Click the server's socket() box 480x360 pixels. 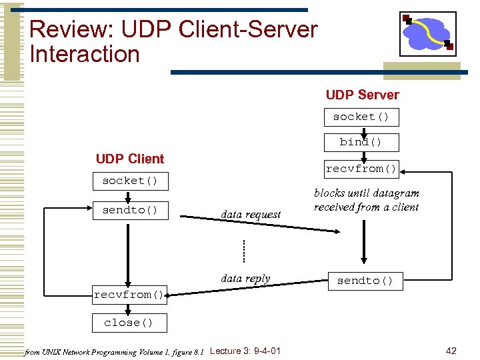click(361, 117)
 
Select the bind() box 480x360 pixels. click(361, 142)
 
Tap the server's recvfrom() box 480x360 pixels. click(361, 169)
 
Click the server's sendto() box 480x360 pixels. click(365, 281)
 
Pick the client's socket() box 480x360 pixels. click(130, 181)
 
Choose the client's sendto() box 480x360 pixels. click(130, 211)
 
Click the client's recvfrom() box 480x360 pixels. click(129, 295)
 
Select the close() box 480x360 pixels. click(129, 323)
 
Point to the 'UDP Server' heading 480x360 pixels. click(362, 95)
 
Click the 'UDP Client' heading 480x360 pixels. click(130, 159)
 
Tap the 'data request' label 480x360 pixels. click(251, 215)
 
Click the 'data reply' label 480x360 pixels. click(245, 279)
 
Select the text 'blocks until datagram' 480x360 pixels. click(367, 193)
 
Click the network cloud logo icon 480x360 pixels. click(427, 33)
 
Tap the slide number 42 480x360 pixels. click(451, 351)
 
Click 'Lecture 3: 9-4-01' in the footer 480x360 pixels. click(245, 351)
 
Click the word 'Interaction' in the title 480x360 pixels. click(85, 54)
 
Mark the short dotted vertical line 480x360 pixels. click(244, 251)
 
